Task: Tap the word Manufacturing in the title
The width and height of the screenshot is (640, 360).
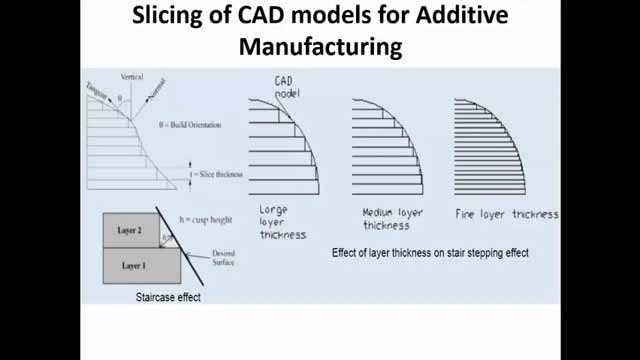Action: (x=320, y=46)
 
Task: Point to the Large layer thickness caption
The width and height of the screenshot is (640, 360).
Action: (x=283, y=222)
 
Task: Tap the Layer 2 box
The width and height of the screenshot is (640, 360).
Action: (x=130, y=230)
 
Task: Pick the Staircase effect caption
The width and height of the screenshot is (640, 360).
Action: (x=168, y=297)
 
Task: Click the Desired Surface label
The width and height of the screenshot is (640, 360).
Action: (x=224, y=259)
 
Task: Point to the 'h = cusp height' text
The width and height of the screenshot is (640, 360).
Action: (x=205, y=220)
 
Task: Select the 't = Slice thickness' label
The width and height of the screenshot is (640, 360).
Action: (x=215, y=174)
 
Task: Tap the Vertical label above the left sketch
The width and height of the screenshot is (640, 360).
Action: (x=132, y=76)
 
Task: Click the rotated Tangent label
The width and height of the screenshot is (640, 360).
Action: (x=97, y=86)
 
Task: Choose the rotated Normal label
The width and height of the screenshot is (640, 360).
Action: (x=159, y=95)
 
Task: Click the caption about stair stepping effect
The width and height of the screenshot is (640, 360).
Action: (x=430, y=253)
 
